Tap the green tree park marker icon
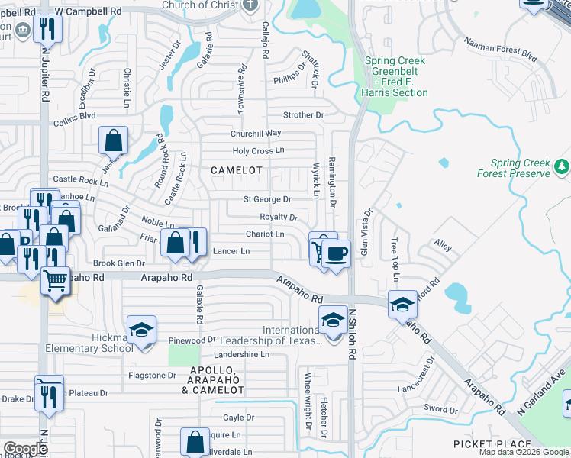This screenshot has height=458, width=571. tap(563, 166)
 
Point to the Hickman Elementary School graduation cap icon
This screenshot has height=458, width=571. tap(141, 330)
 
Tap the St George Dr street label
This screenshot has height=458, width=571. tap(267, 199)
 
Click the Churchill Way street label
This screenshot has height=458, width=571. tap(256, 133)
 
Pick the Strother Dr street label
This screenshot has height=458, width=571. tap(303, 115)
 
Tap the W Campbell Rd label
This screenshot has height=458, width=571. tap(89, 12)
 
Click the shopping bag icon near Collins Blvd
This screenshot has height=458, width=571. tap(114, 140)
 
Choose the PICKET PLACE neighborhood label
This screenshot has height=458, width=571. tap(492, 444)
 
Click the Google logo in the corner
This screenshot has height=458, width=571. tap(25, 449)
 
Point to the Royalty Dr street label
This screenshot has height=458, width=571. tap(279, 217)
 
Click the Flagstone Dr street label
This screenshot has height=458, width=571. tap(152, 375)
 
